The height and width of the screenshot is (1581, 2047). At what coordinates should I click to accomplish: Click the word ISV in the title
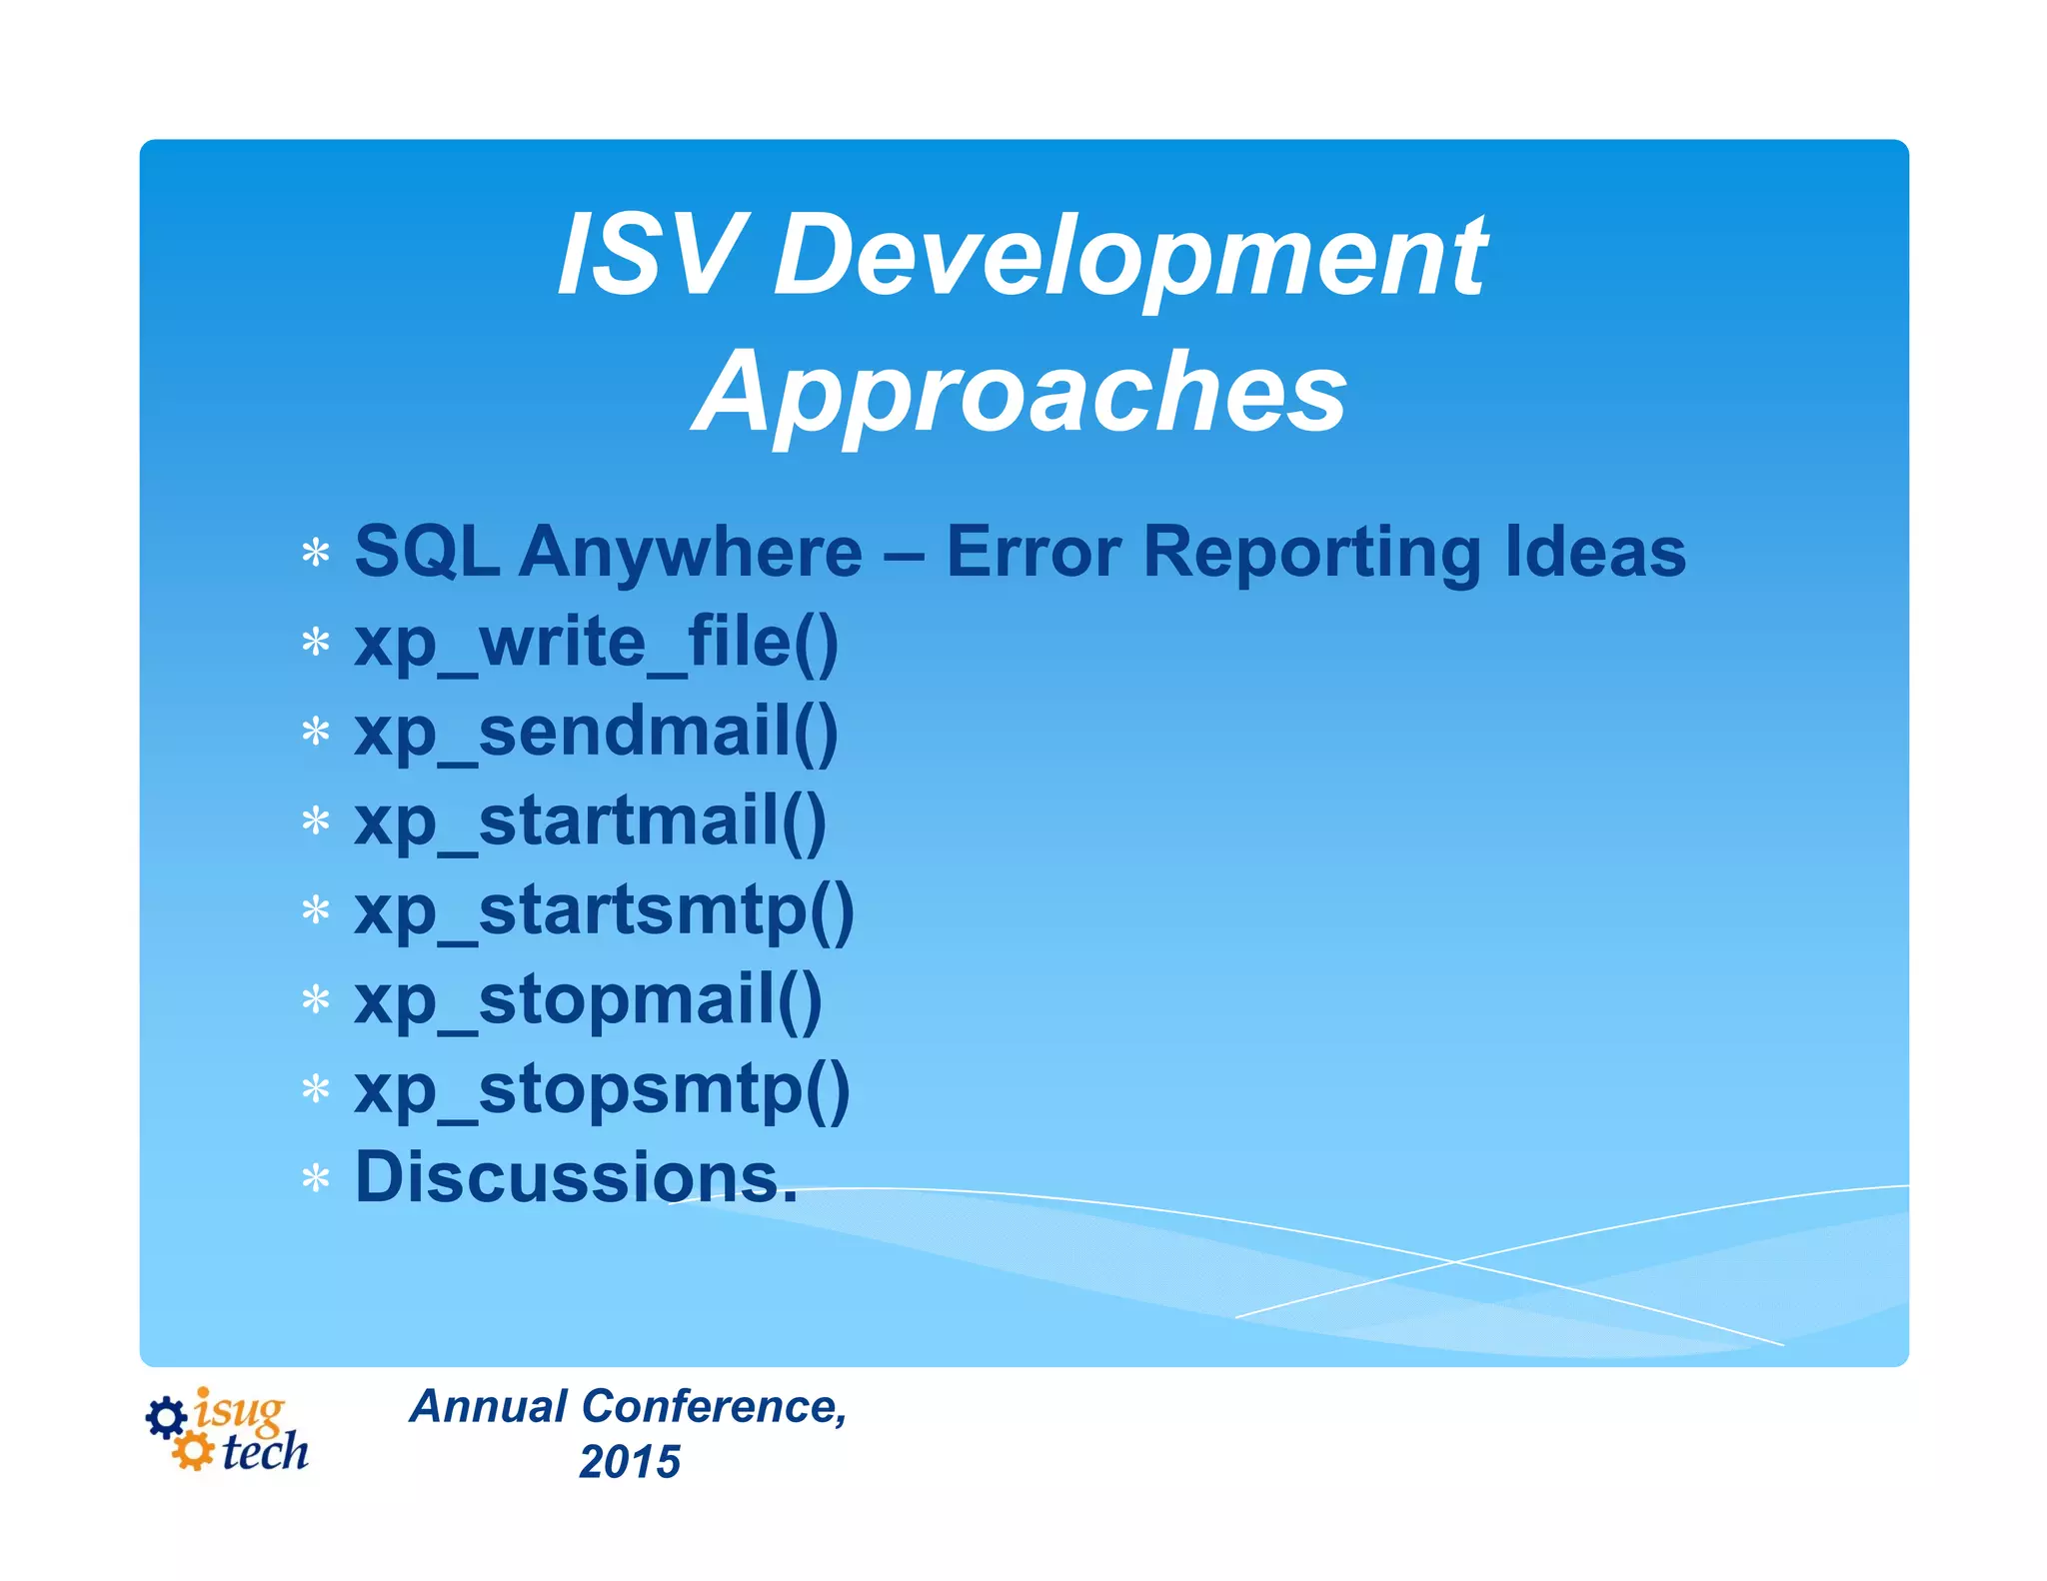[651, 256]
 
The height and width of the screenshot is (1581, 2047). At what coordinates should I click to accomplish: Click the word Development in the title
[1129, 258]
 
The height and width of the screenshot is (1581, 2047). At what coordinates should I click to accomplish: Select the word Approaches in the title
[1020, 392]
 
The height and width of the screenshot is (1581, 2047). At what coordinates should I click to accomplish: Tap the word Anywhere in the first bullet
[690, 552]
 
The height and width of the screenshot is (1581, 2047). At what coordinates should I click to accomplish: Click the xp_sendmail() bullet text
[597, 732]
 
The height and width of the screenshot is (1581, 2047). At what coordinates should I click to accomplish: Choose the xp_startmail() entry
[591, 821]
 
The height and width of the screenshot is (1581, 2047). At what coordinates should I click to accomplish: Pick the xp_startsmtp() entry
[605, 911]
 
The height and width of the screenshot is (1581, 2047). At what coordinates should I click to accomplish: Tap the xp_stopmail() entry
[589, 1000]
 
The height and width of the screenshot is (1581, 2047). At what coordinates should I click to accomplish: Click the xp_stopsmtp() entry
[603, 1089]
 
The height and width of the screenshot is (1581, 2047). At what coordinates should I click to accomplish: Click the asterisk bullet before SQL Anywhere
[316, 553]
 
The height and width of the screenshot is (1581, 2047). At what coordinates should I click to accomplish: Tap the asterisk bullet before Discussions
[316, 1179]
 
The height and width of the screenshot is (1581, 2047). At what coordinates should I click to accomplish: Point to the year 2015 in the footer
[630, 1461]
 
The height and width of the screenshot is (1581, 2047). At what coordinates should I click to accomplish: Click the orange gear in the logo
[192, 1451]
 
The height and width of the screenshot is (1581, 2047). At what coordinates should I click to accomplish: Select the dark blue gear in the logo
[166, 1417]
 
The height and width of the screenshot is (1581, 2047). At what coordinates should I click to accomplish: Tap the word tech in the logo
[265, 1452]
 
